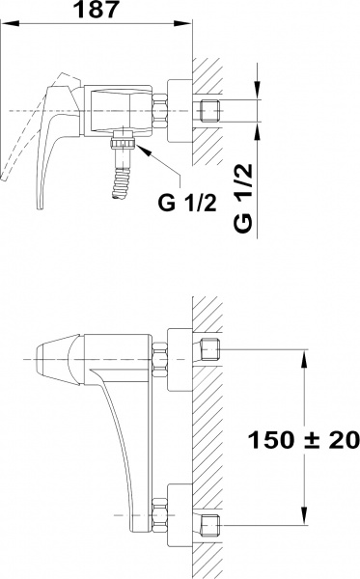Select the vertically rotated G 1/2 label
pos(246,195)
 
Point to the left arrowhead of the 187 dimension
pos(5,26)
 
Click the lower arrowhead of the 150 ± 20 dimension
pos(306,521)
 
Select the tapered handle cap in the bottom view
pos(53,359)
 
